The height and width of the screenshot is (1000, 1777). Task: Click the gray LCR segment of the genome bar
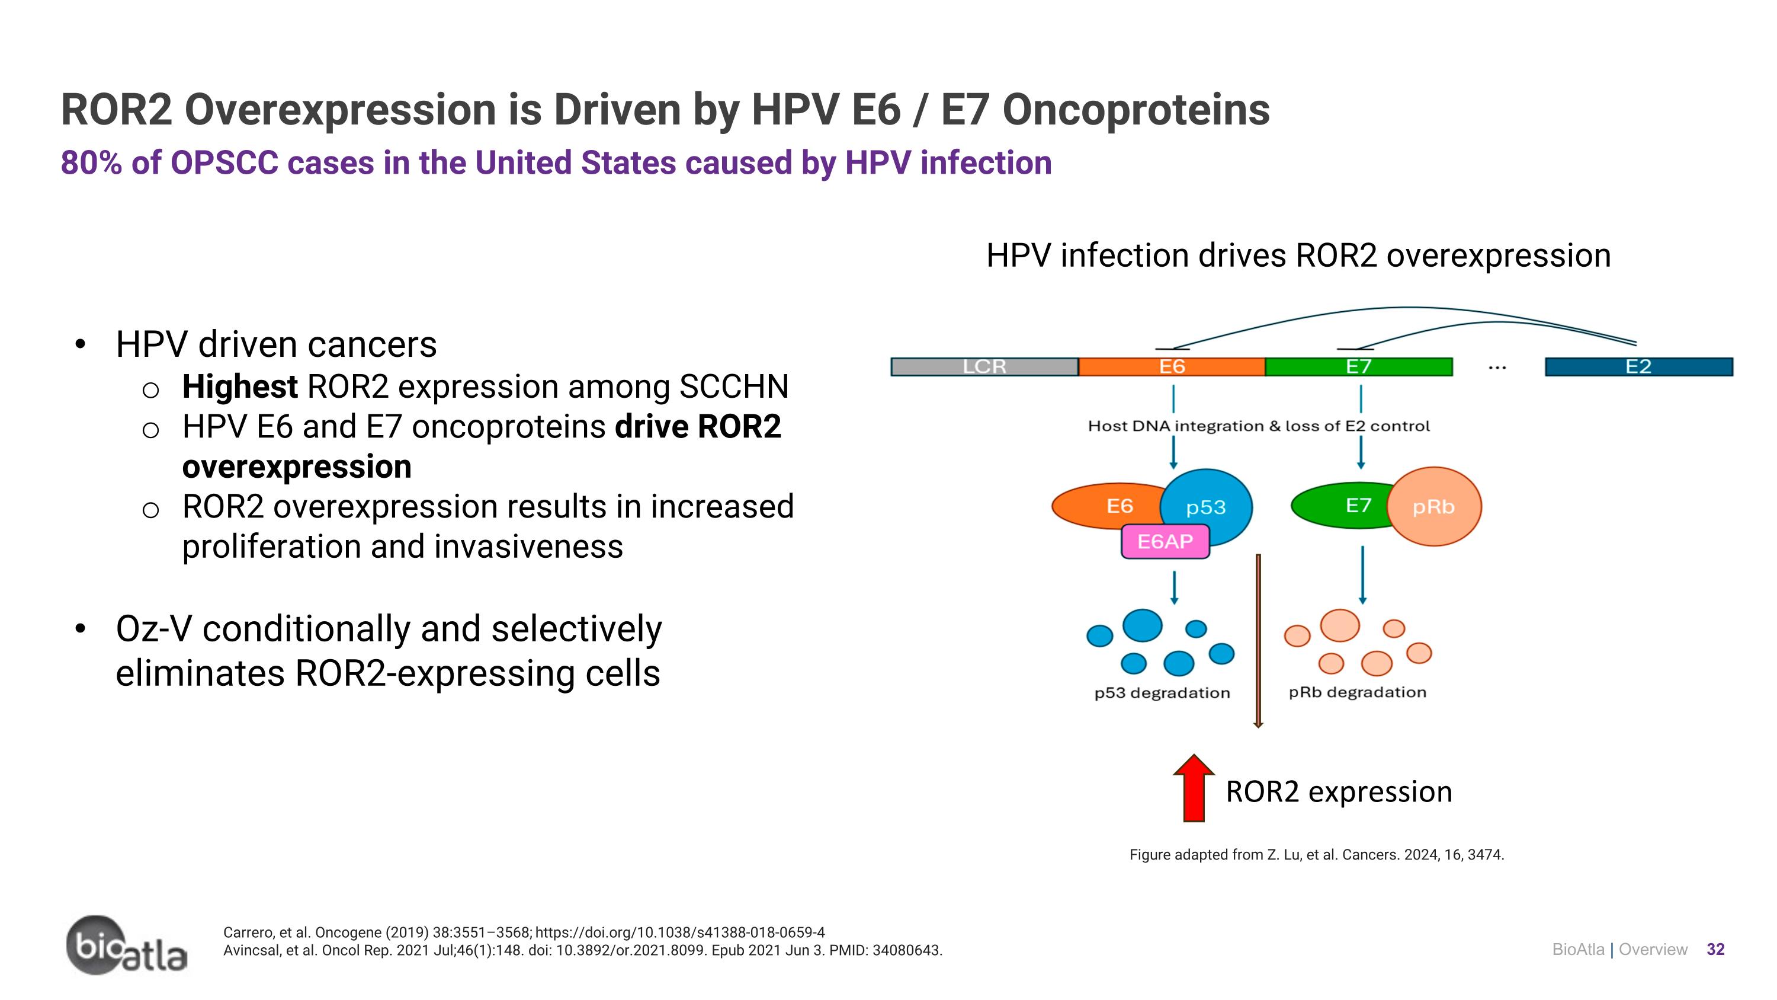point(984,366)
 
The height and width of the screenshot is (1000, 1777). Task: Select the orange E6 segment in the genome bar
point(1171,366)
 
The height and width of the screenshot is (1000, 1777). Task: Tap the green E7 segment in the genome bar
point(1358,366)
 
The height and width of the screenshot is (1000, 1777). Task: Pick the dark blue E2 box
point(1638,366)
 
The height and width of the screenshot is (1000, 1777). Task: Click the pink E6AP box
point(1165,542)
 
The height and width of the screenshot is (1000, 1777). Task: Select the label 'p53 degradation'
point(1162,693)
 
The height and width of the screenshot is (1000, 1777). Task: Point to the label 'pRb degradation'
point(1357,692)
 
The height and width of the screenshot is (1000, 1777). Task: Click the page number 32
point(1715,950)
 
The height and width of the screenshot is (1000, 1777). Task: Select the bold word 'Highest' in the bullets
point(239,386)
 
